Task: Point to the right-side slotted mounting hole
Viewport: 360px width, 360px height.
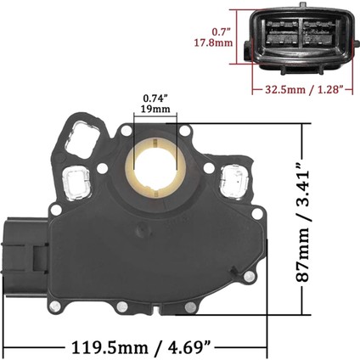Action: (x=231, y=179)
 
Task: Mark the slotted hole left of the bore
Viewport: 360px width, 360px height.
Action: (x=79, y=180)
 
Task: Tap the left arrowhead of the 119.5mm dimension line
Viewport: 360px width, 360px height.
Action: (x=6, y=346)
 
